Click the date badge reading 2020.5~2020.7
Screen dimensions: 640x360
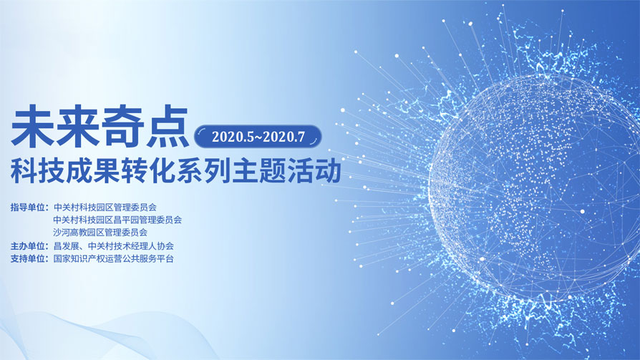point(258,136)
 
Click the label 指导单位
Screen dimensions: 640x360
point(29,207)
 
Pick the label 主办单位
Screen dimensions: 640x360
point(29,246)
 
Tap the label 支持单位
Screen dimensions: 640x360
point(29,259)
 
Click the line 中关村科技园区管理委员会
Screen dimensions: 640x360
point(105,207)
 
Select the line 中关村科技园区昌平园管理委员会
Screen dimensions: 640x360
point(117,220)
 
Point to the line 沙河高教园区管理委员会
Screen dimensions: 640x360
point(100,233)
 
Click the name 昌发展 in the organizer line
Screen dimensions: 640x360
point(66,246)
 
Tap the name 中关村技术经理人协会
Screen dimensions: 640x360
point(131,246)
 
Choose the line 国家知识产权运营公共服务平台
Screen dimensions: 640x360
point(114,259)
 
